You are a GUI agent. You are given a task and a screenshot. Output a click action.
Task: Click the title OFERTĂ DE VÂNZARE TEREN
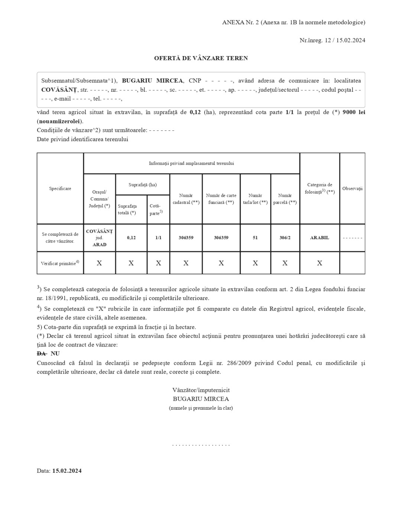point(201,58)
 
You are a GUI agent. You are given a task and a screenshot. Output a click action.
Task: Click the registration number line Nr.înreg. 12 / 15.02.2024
point(332,40)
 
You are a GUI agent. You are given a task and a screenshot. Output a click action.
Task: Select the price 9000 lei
point(354,112)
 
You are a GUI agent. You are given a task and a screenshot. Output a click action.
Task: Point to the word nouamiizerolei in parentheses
point(60,121)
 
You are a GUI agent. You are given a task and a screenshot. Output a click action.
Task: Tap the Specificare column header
point(60,189)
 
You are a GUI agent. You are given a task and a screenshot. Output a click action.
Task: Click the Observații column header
point(352,189)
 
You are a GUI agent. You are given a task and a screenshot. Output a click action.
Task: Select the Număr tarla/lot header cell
point(255,199)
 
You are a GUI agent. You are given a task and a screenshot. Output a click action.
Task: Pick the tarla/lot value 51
point(255,238)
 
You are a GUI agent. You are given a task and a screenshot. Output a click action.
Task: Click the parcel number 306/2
point(285,238)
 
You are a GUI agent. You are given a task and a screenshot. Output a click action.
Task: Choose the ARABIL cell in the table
point(320,238)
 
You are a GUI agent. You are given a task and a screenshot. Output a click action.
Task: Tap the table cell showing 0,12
point(131,238)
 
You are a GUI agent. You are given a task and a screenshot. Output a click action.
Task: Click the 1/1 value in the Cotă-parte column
point(158,238)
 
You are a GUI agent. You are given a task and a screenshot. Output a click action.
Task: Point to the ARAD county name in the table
point(99,245)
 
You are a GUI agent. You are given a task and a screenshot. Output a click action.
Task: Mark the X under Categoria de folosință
point(320,263)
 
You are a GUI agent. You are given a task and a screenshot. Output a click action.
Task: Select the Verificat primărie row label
point(60,263)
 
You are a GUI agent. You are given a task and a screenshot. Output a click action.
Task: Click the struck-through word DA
point(41,354)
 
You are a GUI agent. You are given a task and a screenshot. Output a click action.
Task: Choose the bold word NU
point(55,354)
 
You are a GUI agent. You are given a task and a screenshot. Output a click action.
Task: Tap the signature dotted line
point(201,445)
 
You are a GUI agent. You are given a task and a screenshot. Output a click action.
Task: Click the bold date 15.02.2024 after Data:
point(67,471)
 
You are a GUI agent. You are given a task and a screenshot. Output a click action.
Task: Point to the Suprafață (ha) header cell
point(143,185)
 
